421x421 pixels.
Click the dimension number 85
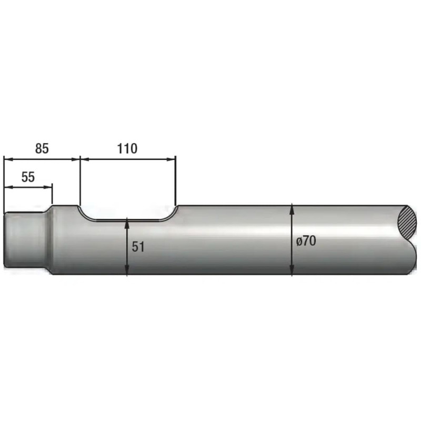click(x=42, y=148)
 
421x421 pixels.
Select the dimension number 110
click(x=127, y=148)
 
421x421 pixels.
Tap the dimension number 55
click(x=28, y=177)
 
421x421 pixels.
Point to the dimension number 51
click(x=138, y=247)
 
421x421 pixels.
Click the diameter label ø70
click(x=306, y=241)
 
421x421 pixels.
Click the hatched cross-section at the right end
click(x=407, y=223)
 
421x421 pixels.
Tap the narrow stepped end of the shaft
click(x=25, y=239)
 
